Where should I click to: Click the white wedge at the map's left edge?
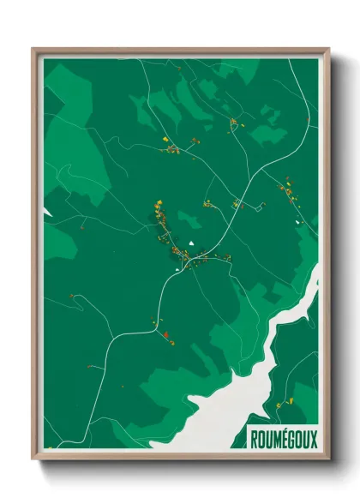(47, 211)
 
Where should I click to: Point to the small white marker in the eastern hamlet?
(298, 222)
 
